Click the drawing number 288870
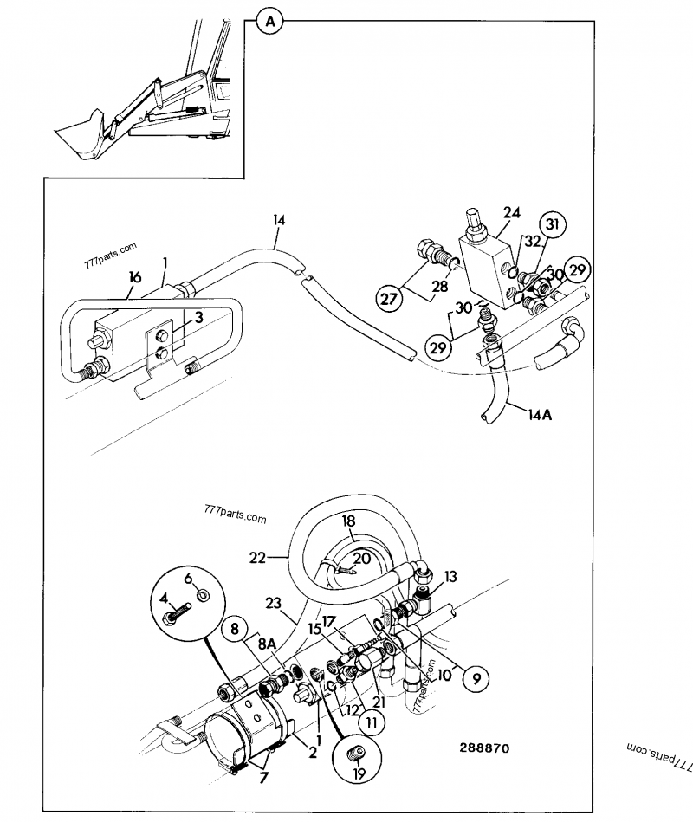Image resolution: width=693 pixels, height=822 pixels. [483, 747]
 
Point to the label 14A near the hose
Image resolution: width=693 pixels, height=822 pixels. [538, 414]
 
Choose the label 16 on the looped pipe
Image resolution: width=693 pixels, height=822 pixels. [136, 276]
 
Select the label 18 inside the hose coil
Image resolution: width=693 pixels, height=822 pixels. [348, 521]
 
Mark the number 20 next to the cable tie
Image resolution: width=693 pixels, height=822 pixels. [362, 559]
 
